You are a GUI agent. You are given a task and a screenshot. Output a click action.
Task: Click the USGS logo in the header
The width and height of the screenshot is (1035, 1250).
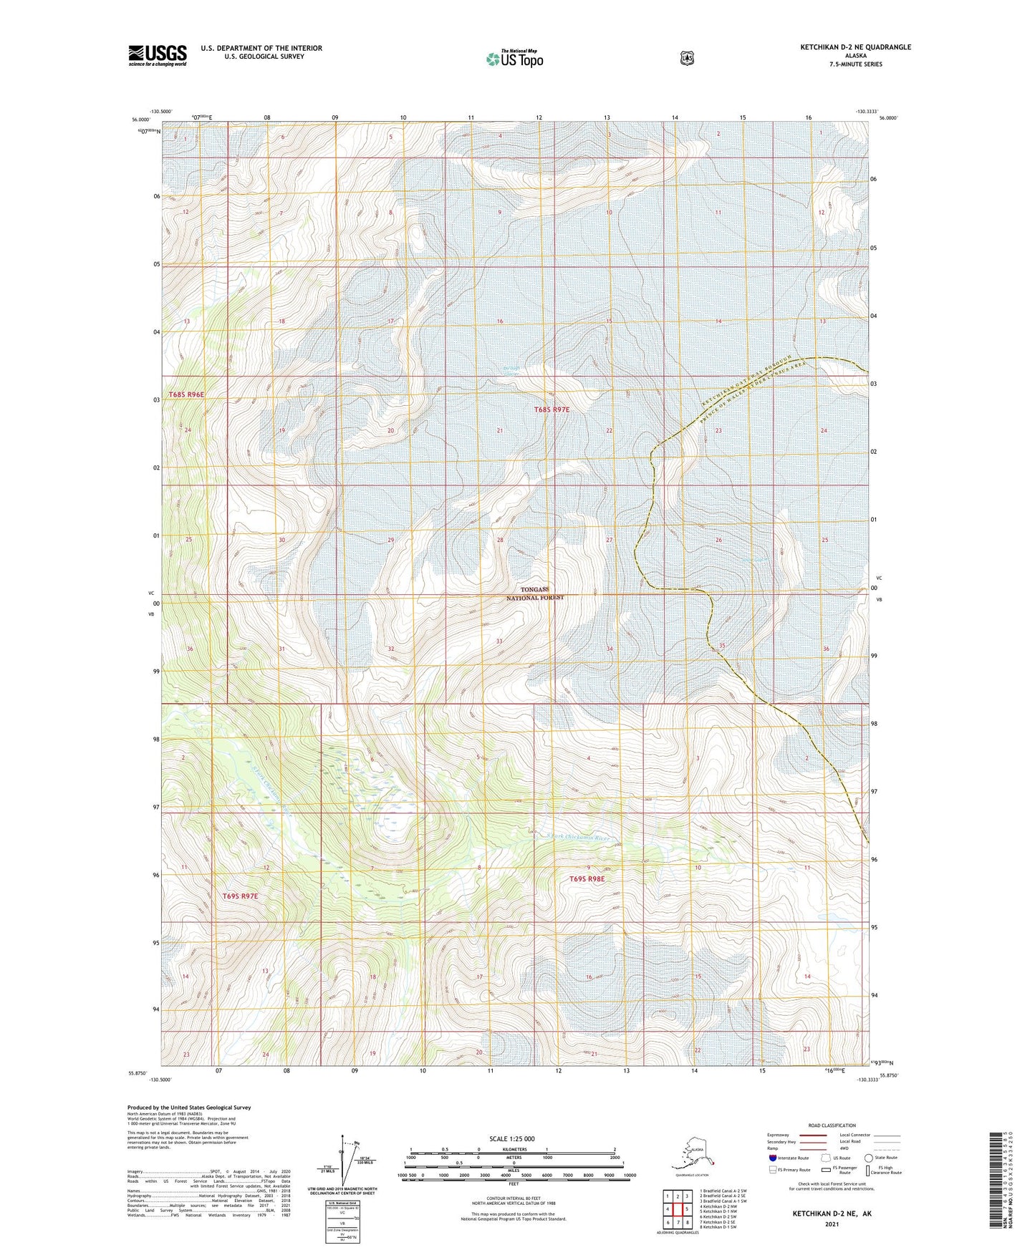coord(158,54)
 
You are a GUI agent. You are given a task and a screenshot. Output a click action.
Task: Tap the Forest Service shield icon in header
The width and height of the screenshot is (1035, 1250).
coord(686,58)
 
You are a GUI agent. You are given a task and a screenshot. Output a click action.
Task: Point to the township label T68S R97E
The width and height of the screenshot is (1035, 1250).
coord(552,410)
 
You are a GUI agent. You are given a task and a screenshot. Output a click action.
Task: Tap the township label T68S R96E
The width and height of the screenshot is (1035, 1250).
coord(186,394)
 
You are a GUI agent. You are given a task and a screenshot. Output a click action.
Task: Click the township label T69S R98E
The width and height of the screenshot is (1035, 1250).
coord(587,879)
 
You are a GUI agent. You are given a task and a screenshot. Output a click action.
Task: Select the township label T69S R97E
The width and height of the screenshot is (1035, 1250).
coord(239,896)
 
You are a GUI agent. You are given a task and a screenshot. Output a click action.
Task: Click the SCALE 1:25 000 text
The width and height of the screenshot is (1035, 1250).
coord(512,1139)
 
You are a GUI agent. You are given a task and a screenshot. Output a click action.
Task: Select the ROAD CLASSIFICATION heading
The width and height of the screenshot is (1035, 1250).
coord(832,1125)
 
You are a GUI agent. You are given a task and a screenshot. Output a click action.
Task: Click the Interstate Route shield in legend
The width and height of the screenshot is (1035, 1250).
coord(772,1157)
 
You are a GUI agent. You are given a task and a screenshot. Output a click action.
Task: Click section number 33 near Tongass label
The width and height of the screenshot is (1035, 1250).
coord(499,641)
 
